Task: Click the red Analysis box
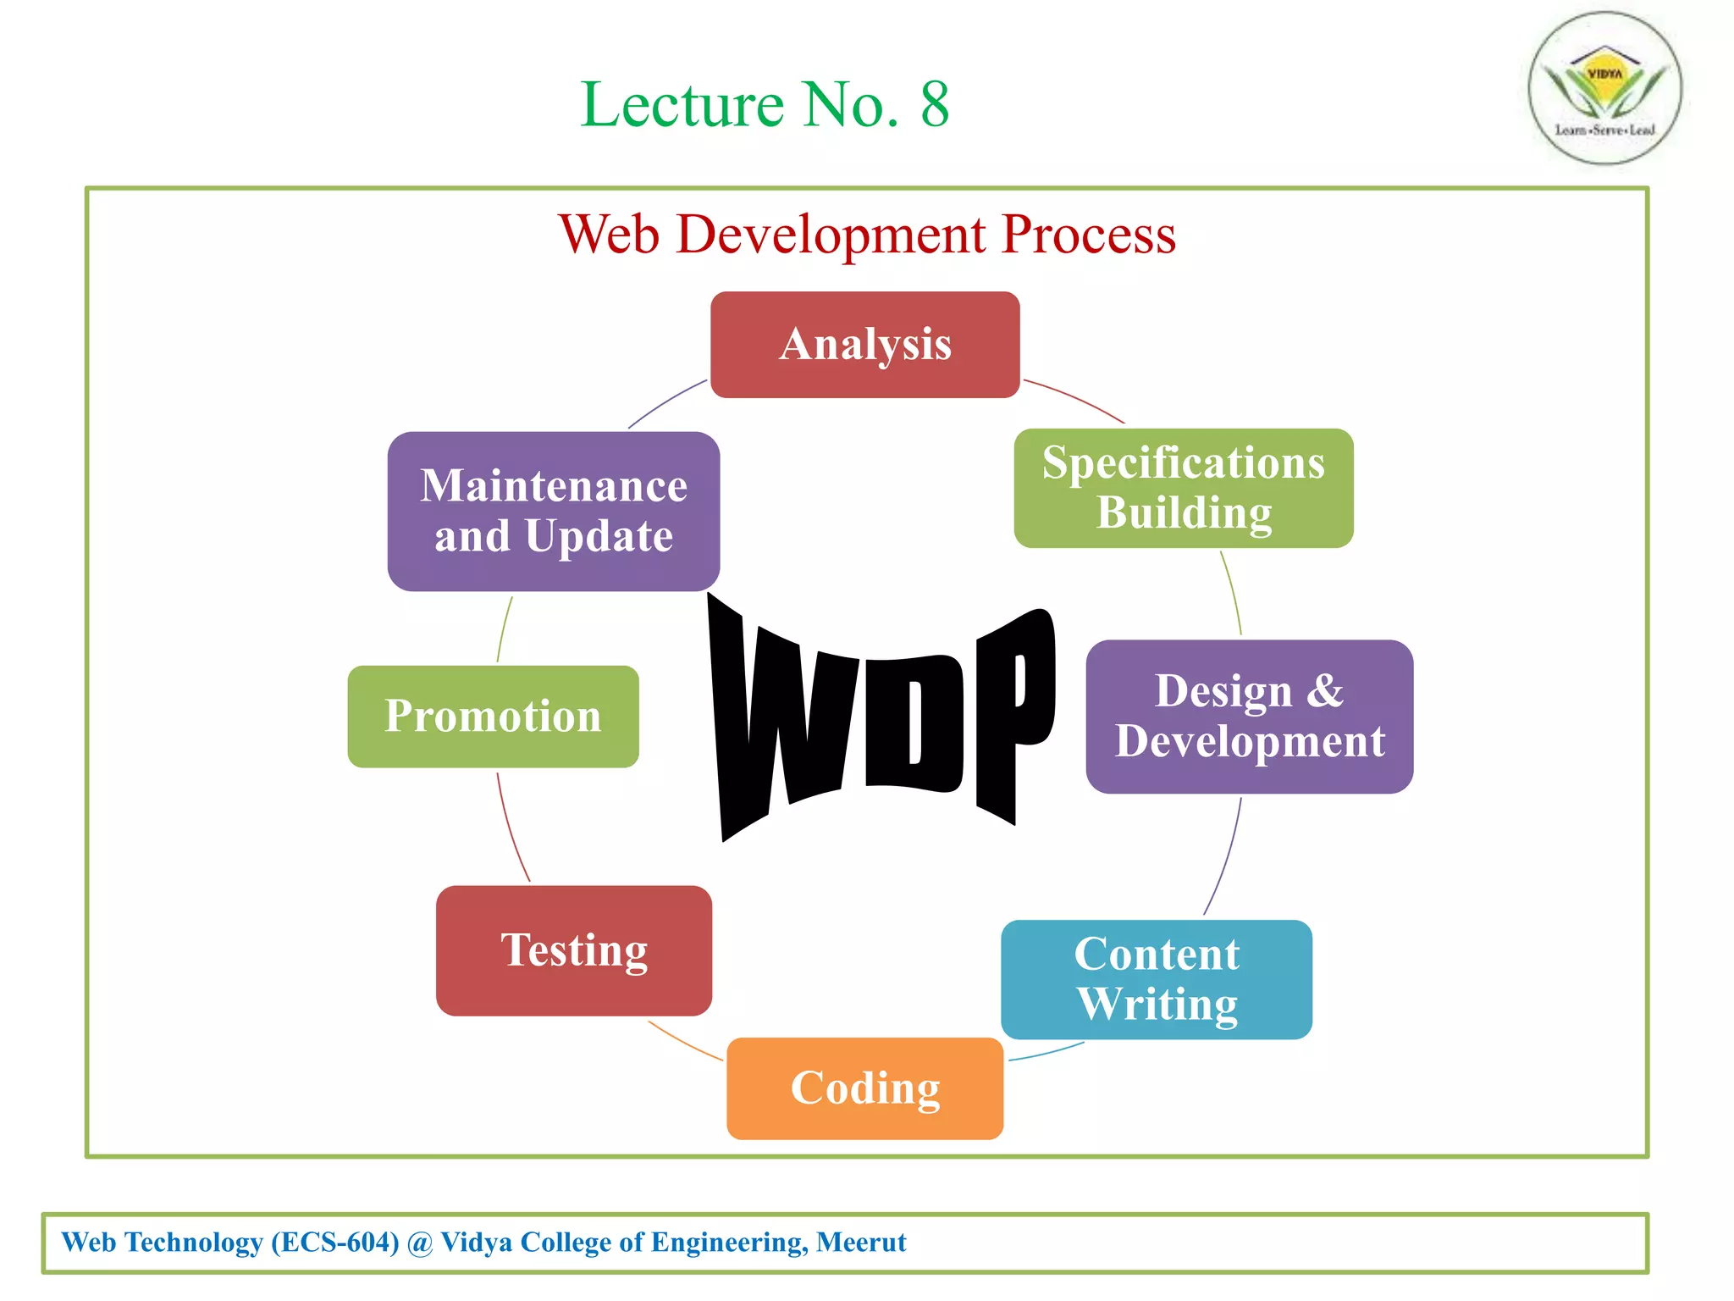click(x=864, y=345)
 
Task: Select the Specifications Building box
click(x=1183, y=488)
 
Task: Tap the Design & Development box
click(x=1249, y=717)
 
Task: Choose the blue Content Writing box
click(x=1156, y=979)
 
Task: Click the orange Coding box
click(x=864, y=1088)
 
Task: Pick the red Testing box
click(x=573, y=950)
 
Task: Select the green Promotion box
click(x=493, y=717)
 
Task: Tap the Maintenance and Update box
click(x=553, y=512)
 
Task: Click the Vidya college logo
click(x=1604, y=88)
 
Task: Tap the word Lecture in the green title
click(x=682, y=105)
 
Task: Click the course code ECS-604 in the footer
click(x=335, y=1243)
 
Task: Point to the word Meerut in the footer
click(x=860, y=1243)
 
